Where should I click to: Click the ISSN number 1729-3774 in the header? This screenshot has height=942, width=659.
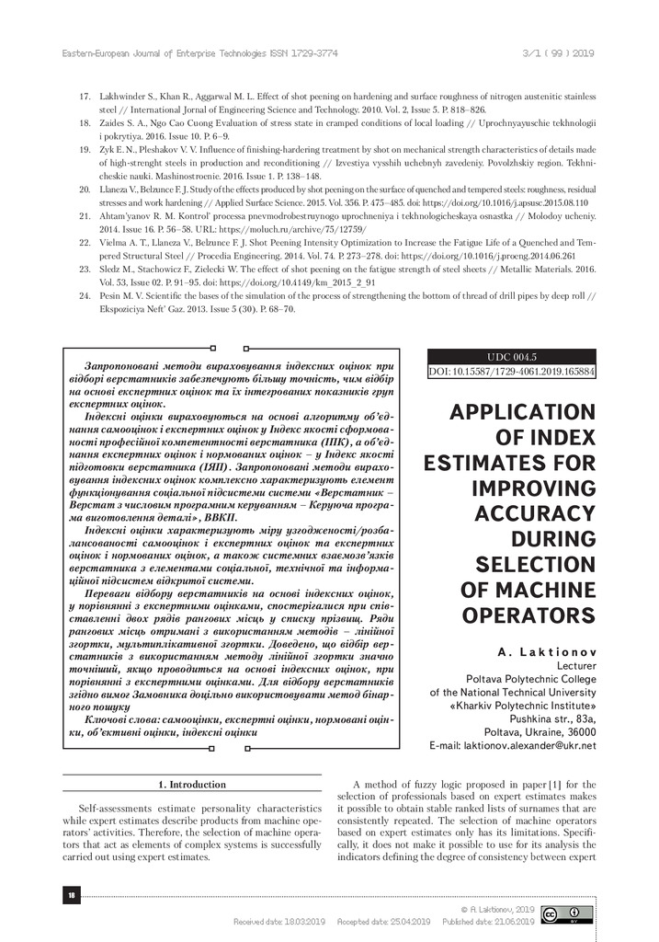(x=312, y=53)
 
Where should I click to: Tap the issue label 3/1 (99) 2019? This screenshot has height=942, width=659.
(x=560, y=53)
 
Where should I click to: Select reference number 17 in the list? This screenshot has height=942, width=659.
(x=85, y=97)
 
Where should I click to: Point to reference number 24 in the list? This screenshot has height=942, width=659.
(x=85, y=296)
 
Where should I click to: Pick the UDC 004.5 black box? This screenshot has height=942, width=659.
(x=512, y=356)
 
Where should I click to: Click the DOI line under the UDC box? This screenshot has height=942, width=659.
(x=512, y=372)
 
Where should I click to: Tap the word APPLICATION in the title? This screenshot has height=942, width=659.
(x=522, y=413)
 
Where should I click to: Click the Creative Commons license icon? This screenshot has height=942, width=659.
(x=566, y=913)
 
